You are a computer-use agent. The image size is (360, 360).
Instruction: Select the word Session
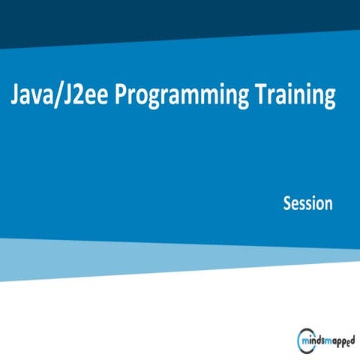pos(307,203)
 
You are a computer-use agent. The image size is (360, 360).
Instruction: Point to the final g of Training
pos(327,98)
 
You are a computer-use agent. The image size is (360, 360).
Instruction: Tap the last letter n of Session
pos(328,204)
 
